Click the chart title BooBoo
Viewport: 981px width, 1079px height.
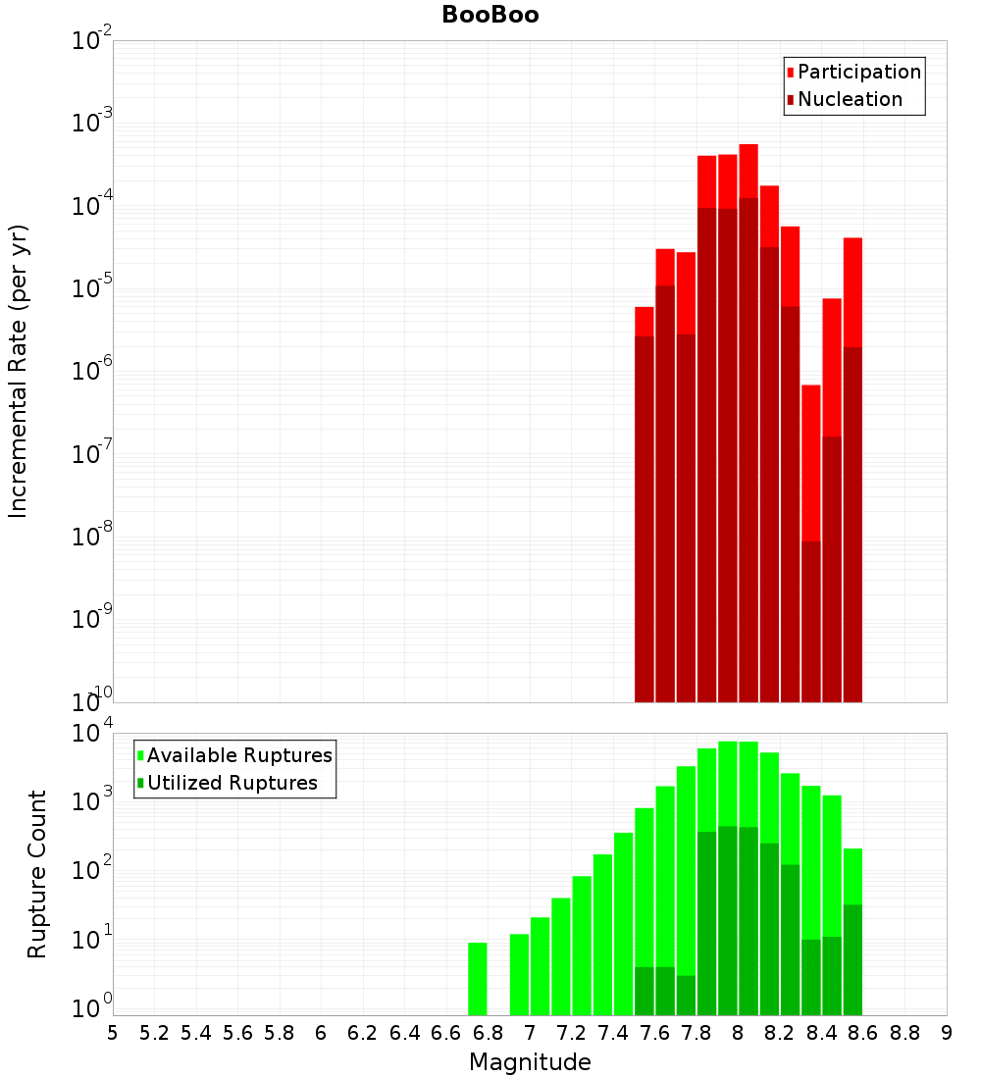[x=490, y=15]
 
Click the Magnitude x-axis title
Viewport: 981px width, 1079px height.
[x=530, y=1062]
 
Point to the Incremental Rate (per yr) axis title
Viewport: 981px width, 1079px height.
[x=19, y=371]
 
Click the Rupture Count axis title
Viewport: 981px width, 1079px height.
[x=37, y=874]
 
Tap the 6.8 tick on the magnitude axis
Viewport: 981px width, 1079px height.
[x=488, y=1033]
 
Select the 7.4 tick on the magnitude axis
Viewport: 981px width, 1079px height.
[x=613, y=1033]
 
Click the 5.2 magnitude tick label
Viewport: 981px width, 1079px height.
[x=155, y=1033]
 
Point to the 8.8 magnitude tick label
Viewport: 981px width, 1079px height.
[x=904, y=1033]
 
